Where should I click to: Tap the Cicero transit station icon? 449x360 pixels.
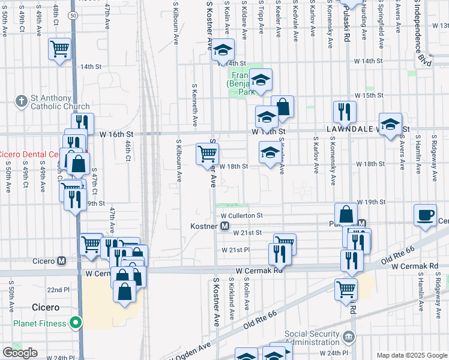pos(61,261)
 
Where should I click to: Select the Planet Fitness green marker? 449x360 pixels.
pos(76,323)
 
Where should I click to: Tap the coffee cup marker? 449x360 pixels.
pos(426,214)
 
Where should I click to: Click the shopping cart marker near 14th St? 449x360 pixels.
pos(59,49)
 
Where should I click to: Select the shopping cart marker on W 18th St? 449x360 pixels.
pos(207,154)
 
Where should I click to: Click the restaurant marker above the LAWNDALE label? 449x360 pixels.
pos(345,111)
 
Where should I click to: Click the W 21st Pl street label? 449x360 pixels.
pos(235,250)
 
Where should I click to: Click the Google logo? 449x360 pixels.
pos(20,353)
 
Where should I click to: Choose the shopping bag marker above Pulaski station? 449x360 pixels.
pos(348,213)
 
